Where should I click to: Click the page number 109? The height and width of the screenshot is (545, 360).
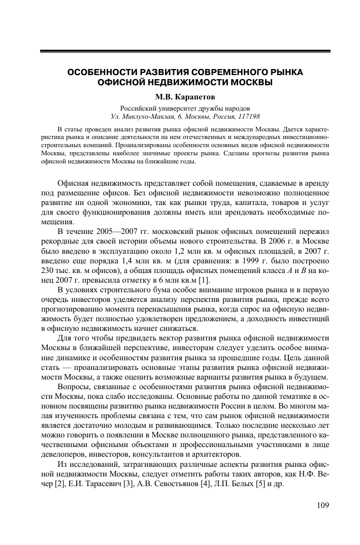pyautogui.click(x=322, y=505)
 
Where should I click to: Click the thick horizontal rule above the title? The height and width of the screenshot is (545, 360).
pyautogui.click(x=185, y=51)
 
